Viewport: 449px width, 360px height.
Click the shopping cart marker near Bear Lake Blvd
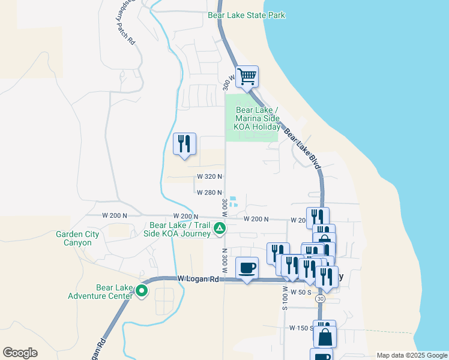coord(247,77)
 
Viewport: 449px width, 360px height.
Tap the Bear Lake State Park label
coord(246,16)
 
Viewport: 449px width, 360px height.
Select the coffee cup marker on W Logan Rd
coord(247,268)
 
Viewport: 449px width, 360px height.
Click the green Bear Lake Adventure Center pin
coord(142,292)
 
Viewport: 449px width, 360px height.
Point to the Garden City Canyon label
coord(74,239)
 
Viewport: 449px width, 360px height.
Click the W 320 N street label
coord(210,177)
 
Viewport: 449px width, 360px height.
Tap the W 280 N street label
coord(210,193)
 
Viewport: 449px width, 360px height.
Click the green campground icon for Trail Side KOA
coord(220,228)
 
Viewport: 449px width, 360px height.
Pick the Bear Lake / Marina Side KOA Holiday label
coord(258,118)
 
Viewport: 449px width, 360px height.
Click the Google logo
coord(20,353)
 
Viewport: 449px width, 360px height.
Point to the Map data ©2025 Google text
coord(411,355)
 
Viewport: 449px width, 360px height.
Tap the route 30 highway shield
coord(321,298)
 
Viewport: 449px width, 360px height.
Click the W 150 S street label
coord(301,328)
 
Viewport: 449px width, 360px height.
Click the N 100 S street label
coord(285,298)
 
